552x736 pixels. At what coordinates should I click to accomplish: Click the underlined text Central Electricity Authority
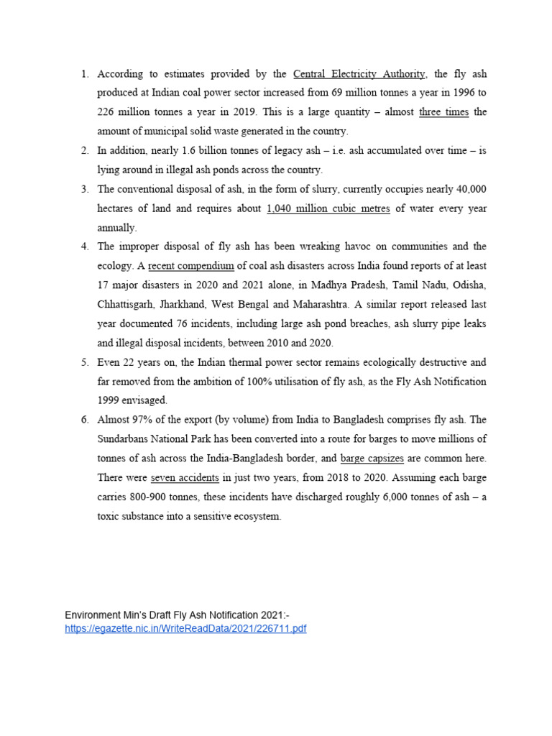pos(359,74)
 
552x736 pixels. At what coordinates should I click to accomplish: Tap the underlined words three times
pos(443,112)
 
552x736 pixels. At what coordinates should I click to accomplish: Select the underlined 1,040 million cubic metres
pos(328,208)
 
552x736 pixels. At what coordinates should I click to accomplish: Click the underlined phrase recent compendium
pos(191,266)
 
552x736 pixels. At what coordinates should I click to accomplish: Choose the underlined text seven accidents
pos(186,477)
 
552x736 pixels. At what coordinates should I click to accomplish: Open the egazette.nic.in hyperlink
pos(185,628)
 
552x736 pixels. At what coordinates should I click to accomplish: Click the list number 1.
pos(84,74)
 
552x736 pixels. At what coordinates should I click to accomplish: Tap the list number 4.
pos(84,247)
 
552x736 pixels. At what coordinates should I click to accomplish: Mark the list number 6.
pos(84,420)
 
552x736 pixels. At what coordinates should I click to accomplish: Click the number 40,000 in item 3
pos(466,189)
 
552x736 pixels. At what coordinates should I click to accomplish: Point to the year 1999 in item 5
pos(109,400)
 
